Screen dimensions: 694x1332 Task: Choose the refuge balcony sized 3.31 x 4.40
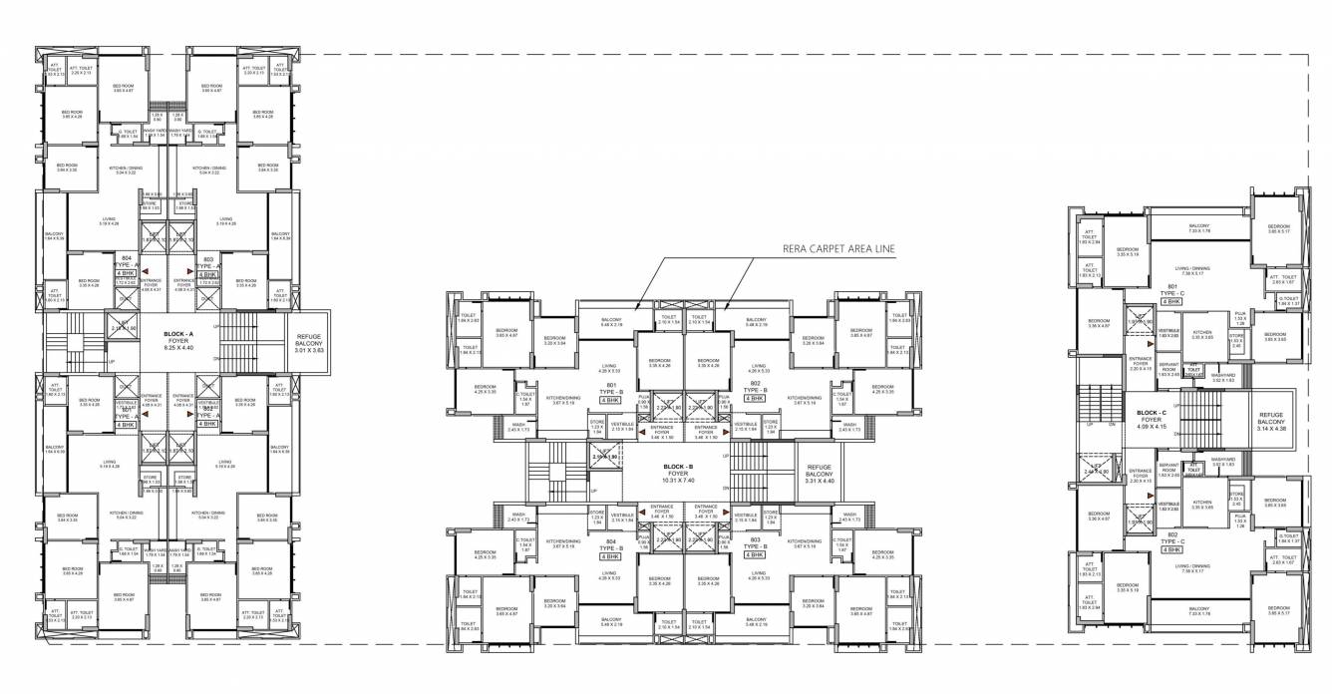[819, 475]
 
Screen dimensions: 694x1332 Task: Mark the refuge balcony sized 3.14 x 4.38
[1271, 421]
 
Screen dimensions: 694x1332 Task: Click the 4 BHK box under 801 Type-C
[1170, 300]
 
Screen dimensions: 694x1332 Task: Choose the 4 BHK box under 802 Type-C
[1170, 549]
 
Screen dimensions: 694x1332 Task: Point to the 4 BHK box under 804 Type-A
[126, 272]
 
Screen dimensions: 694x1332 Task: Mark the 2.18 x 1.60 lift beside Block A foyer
[125, 326]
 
